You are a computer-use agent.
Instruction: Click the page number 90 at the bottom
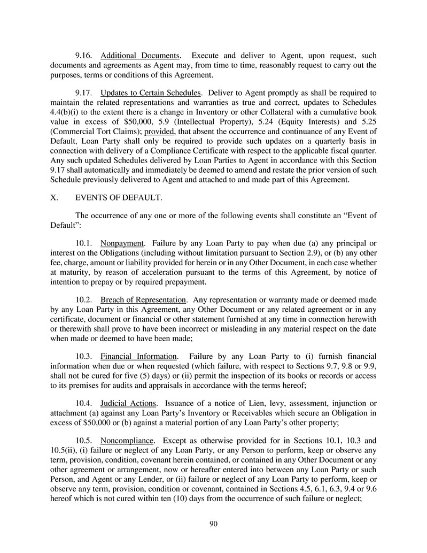click(x=213, y=524)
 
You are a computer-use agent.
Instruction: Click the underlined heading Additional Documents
click(x=140, y=56)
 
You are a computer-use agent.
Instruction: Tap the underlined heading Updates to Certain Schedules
click(x=151, y=92)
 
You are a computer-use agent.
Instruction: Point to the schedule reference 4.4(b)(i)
click(x=68, y=111)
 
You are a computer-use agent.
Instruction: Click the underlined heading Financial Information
click(x=138, y=356)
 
